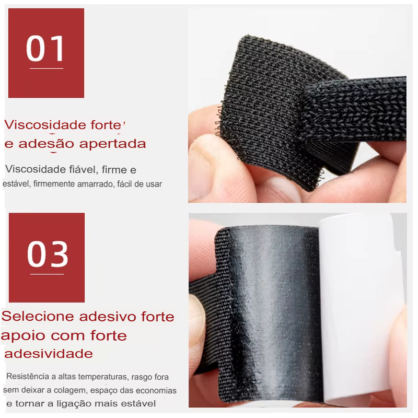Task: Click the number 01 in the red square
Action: click(x=45, y=49)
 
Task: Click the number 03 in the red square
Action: click(x=48, y=253)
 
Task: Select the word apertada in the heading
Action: click(x=112, y=144)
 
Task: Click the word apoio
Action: click(x=23, y=336)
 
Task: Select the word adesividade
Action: click(x=49, y=354)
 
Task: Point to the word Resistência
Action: click(x=28, y=376)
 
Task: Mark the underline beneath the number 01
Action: click(x=47, y=68)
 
